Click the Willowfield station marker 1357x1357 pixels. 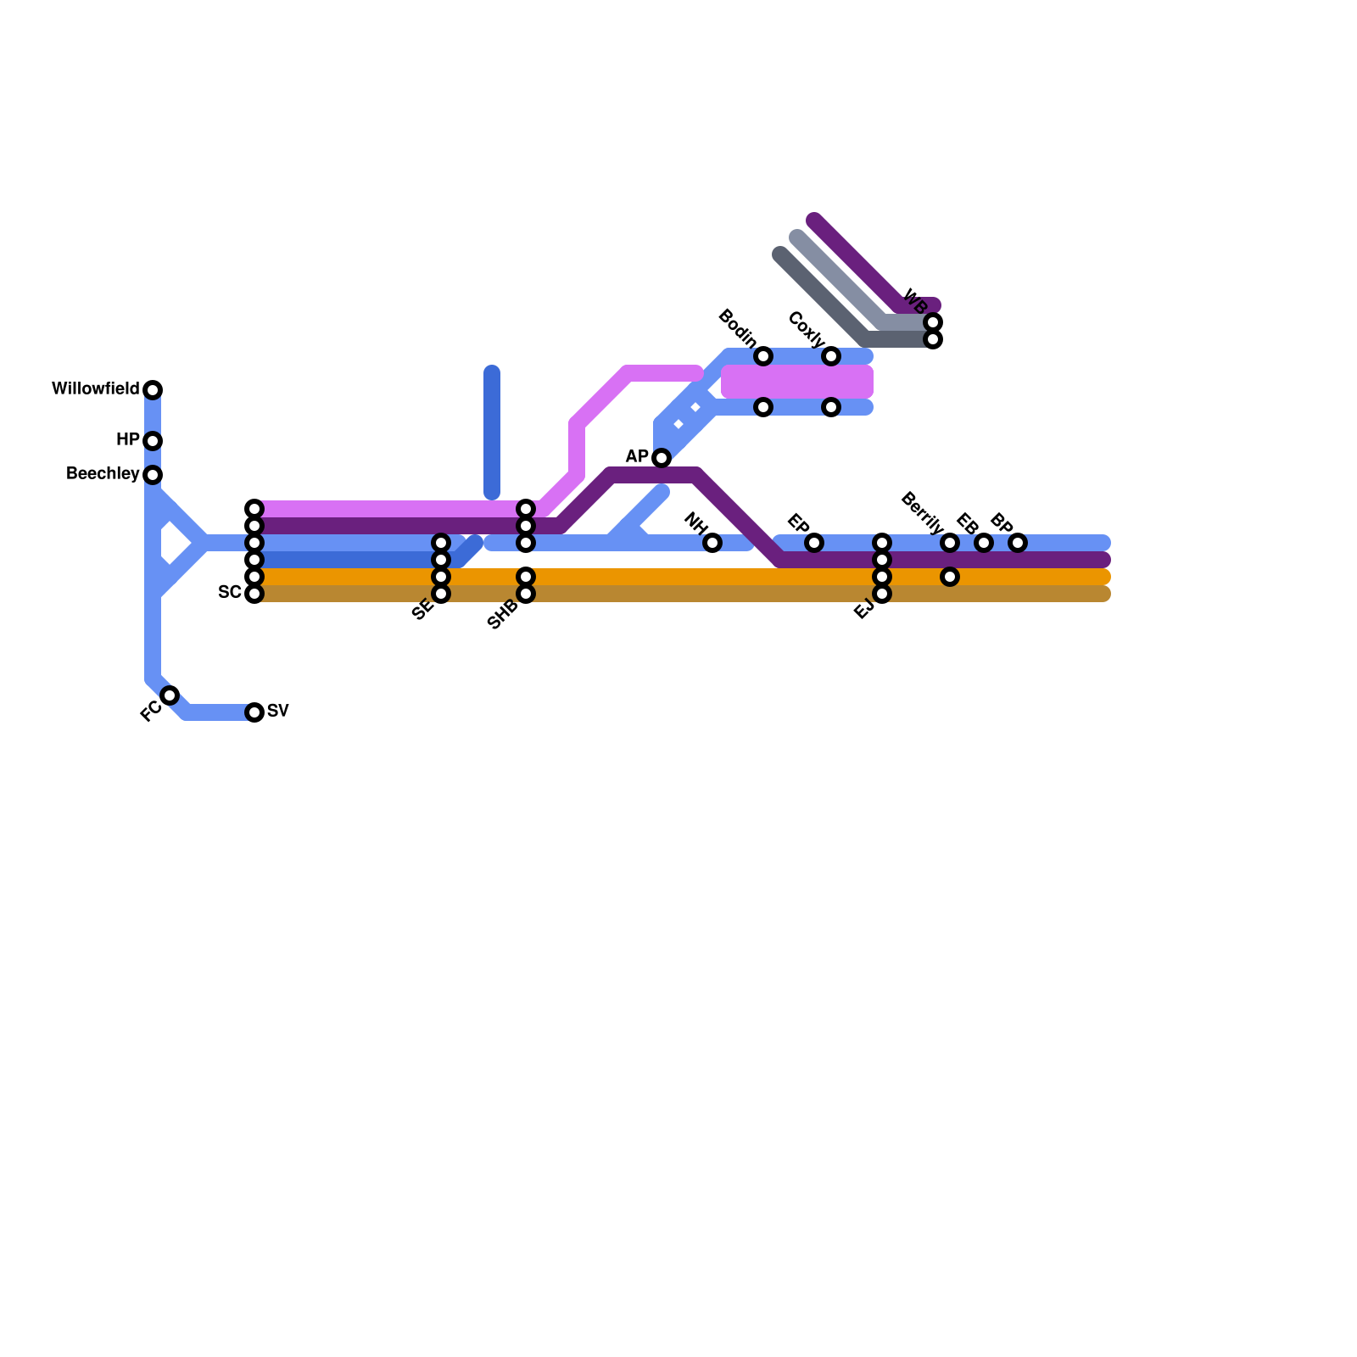(153, 390)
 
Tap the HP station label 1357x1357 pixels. (127, 440)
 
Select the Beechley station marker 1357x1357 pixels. (153, 475)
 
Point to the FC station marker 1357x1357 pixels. (170, 695)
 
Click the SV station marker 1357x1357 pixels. (254, 712)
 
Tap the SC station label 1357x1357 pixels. (229, 592)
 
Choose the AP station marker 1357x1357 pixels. (662, 458)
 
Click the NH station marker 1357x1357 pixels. (712, 543)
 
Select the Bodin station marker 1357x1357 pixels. (763, 356)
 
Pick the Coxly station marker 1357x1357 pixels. (831, 356)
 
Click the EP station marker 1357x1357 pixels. (814, 543)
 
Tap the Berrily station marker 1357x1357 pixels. (950, 543)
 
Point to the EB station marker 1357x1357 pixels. (984, 543)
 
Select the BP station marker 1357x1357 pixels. (1018, 543)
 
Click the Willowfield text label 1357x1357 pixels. (95, 389)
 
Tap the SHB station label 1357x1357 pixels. (502, 615)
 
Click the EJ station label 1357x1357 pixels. (863, 610)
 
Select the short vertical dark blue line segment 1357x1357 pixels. (492, 433)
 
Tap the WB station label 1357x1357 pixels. (915, 301)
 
